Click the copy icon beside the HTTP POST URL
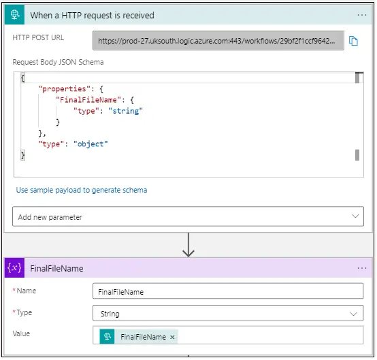pos(353,41)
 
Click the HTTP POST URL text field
pos(218,40)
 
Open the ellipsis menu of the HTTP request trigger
pos(362,15)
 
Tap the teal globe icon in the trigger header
pos(15,15)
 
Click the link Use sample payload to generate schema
pos(82,190)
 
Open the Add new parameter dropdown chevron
pos(355,216)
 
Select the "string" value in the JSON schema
pos(125,111)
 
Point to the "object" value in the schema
pos(91,144)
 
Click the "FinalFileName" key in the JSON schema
pos(88,100)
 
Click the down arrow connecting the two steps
pos(188,245)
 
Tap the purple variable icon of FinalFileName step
pos(15,267)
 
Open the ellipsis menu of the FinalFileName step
pos(362,268)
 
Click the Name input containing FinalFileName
pos(228,291)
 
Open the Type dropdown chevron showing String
pos(353,314)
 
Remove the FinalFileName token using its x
pos(172,337)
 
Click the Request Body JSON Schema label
pos(59,62)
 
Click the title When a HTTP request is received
pos(92,15)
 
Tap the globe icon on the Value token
pos(108,336)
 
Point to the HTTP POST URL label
pos(38,37)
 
